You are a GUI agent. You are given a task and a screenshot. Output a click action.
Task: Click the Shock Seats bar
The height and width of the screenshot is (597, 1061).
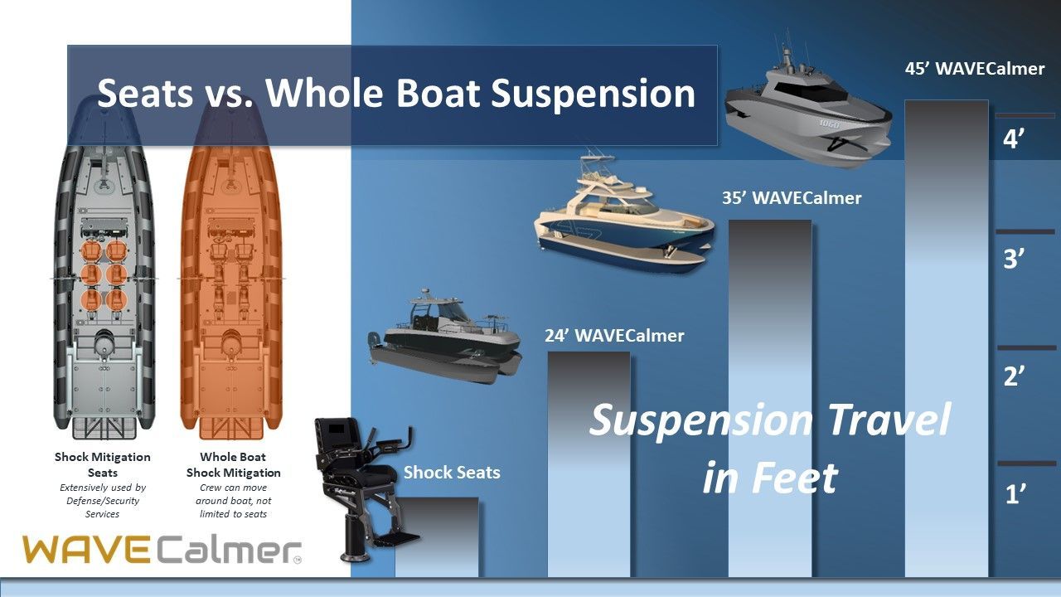pyautogui.click(x=437, y=536)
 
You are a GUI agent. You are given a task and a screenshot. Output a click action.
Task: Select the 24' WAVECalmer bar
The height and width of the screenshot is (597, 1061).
pyautogui.click(x=589, y=464)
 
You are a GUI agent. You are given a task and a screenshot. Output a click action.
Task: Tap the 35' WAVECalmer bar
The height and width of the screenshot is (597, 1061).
pyautogui.click(x=770, y=399)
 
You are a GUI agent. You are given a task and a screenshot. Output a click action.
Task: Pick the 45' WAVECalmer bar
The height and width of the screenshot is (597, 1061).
pyautogui.click(x=947, y=338)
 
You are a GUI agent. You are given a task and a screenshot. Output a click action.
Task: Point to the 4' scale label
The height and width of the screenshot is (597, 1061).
pyautogui.click(x=1014, y=139)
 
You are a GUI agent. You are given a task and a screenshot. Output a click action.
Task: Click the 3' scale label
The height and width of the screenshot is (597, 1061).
pyautogui.click(x=1014, y=259)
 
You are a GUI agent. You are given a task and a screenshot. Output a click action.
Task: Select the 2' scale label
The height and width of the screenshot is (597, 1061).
pyautogui.click(x=1014, y=376)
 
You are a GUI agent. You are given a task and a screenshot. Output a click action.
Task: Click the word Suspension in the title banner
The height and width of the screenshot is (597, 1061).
pyautogui.click(x=593, y=94)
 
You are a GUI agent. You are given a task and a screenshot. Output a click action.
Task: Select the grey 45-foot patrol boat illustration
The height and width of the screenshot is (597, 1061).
pyautogui.click(x=807, y=107)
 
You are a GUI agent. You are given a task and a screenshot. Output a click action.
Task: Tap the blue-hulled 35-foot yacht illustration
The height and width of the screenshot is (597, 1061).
pyautogui.click(x=624, y=218)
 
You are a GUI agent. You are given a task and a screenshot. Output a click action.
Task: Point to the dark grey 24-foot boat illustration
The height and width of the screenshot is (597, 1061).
pyautogui.click(x=444, y=337)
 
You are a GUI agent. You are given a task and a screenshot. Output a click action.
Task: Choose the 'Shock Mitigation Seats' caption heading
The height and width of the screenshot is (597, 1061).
pyautogui.click(x=102, y=465)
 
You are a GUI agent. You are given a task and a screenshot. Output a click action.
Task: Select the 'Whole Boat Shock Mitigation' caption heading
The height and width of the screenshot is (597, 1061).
pyautogui.click(x=233, y=465)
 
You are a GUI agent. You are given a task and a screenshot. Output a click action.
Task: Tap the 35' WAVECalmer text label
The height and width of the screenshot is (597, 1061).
pyautogui.click(x=792, y=197)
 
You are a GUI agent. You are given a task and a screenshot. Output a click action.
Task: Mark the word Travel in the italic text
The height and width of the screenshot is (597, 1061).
pyautogui.click(x=890, y=420)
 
